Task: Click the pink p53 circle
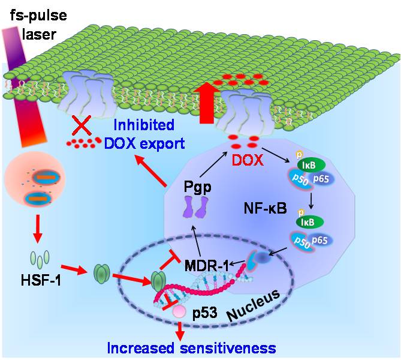click(x=179, y=312)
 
